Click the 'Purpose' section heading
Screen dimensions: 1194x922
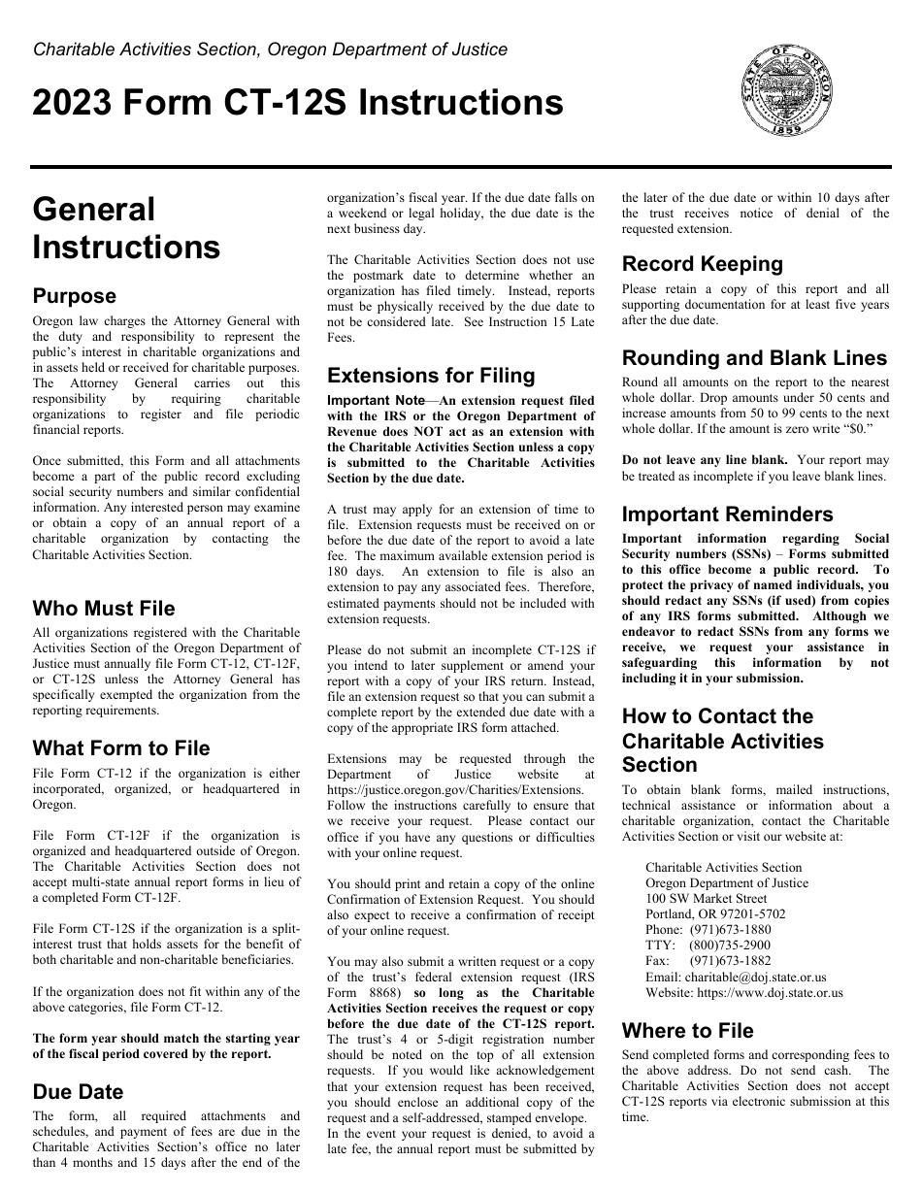[74, 296]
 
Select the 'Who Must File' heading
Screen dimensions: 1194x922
[104, 609]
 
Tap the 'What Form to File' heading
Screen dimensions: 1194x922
[121, 748]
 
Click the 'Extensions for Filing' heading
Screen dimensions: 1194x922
[431, 376]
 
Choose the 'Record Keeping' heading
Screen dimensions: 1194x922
[702, 264]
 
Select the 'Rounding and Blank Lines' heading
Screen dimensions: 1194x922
[754, 358]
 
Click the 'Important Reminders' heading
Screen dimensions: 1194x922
[727, 514]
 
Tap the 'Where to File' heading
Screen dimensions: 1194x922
[687, 1031]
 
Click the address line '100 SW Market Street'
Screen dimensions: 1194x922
[706, 898]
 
